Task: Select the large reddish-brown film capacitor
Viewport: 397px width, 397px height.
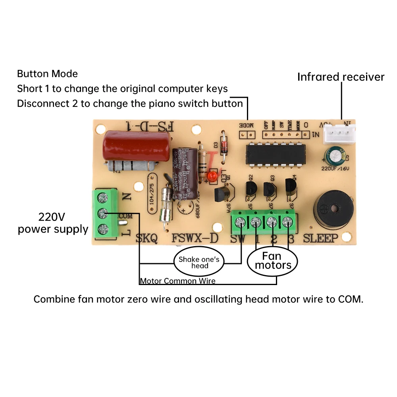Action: (137, 146)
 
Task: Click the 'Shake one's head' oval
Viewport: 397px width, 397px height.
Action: (199, 262)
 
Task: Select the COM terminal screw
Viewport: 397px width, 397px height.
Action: (104, 213)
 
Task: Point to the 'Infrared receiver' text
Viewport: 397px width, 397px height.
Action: (341, 77)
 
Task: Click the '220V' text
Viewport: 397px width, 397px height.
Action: (52, 217)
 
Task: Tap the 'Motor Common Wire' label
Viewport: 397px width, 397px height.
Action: (177, 281)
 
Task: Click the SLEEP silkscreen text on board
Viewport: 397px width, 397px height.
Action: (321, 238)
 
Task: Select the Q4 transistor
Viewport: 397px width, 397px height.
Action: (291, 187)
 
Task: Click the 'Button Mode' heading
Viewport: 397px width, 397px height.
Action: (47, 74)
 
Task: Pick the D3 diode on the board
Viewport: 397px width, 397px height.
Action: (224, 148)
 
